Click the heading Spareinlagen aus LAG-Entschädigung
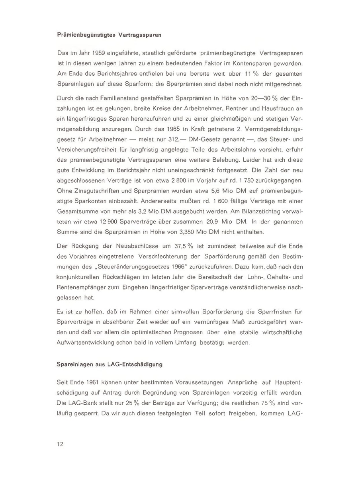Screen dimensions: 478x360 coord(110,364)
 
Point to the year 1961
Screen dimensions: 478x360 coord(96,382)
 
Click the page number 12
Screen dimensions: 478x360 coord(60,445)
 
